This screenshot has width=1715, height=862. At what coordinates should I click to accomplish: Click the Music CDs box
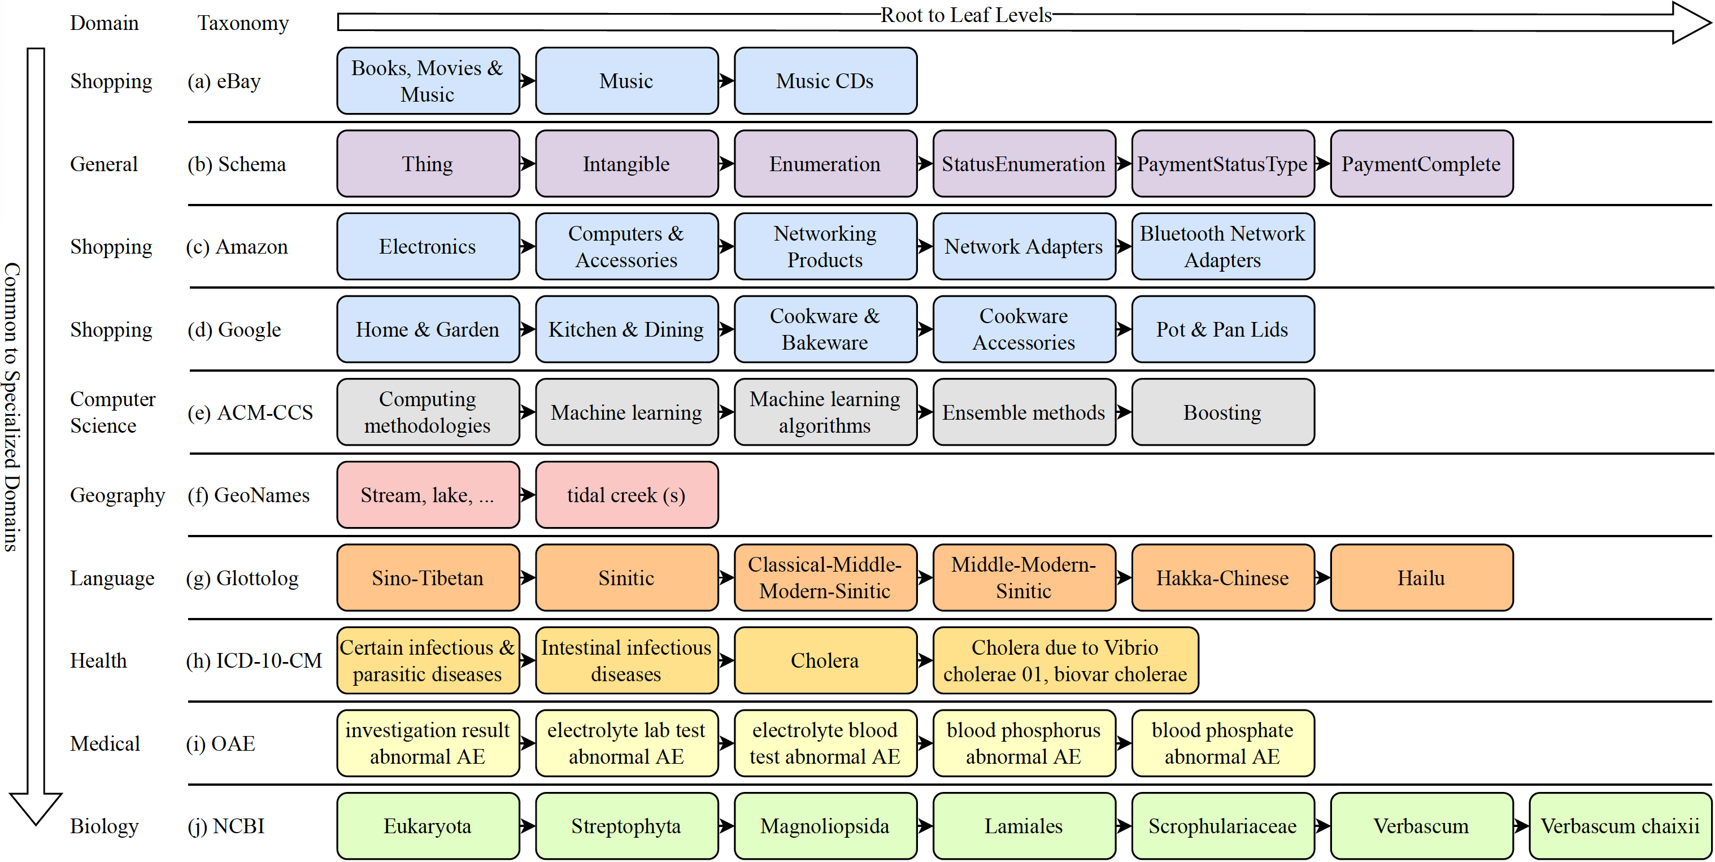pyautogui.click(x=825, y=81)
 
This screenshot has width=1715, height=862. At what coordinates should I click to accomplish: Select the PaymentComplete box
pyautogui.click(x=1421, y=164)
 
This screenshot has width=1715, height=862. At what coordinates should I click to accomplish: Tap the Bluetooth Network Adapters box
pyautogui.click(x=1222, y=246)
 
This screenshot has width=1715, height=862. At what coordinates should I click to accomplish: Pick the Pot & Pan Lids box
pyautogui.click(x=1222, y=329)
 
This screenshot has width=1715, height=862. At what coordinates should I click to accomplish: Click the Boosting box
pyautogui.click(x=1222, y=412)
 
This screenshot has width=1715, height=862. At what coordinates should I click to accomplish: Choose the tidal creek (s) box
pyautogui.click(x=626, y=495)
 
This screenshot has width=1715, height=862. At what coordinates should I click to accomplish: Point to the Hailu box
pyautogui.click(x=1421, y=578)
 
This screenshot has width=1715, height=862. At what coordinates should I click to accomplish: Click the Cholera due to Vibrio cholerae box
pyautogui.click(x=1065, y=660)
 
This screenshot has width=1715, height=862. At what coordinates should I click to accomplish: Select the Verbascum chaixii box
pyautogui.click(x=1619, y=826)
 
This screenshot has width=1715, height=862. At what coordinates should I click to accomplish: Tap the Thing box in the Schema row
pyautogui.click(x=428, y=164)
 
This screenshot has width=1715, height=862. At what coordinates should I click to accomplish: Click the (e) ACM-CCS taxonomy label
pyautogui.click(x=250, y=413)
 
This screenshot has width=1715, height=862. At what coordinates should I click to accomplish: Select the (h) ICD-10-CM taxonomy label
pyautogui.click(x=254, y=660)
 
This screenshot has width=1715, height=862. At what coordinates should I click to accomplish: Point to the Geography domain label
pyautogui.click(x=117, y=495)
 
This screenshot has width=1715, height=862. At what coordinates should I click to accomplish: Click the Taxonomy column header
pyautogui.click(x=243, y=23)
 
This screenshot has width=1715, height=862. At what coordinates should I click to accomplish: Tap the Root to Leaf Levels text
pyautogui.click(x=965, y=15)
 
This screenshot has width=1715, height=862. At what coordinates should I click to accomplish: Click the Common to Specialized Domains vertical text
pyautogui.click(x=12, y=406)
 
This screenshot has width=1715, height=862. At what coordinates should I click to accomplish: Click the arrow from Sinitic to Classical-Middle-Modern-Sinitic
pyautogui.click(x=726, y=578)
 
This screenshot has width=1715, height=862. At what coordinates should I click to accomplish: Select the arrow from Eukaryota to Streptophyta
pyautogui.click(x=527, y=826)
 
